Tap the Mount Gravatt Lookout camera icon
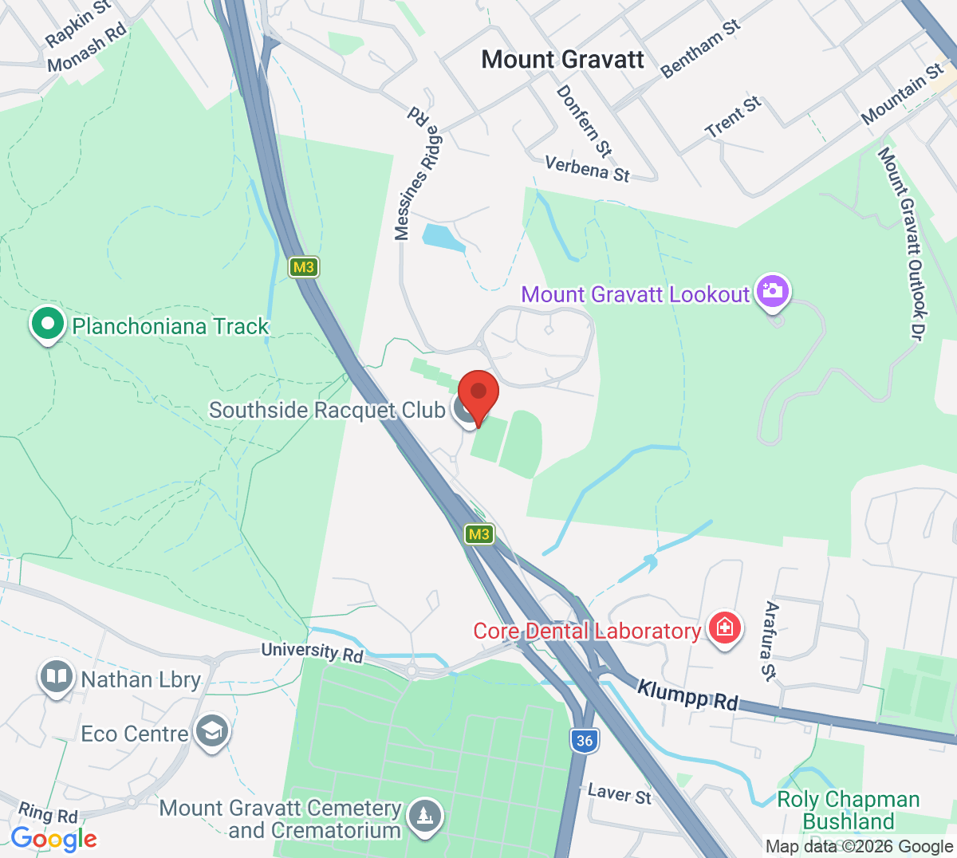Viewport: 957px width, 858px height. pos(772,292)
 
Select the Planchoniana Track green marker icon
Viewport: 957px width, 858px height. pos(48,325)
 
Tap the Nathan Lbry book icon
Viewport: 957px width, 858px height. pos(56,678)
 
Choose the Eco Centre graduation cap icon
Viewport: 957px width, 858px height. pos(211,731)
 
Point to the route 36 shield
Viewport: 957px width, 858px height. pos(585,741)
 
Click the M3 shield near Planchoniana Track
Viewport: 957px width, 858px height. pos(303,267)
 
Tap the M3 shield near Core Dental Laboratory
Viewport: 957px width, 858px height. pos(478,534)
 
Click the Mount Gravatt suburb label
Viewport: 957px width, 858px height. pos(563,60)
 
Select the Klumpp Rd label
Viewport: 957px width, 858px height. pos(687,694)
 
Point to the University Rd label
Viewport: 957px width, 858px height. pos(312,651)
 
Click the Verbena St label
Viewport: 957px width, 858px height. pos(587,168)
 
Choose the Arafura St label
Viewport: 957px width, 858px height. pos(770,641)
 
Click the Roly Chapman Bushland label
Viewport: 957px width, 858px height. pos(848,810)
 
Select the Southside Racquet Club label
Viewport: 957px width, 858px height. pos(327,410)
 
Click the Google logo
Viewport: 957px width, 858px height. pos(54,838)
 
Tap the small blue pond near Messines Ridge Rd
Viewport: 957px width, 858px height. pos(443,237)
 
